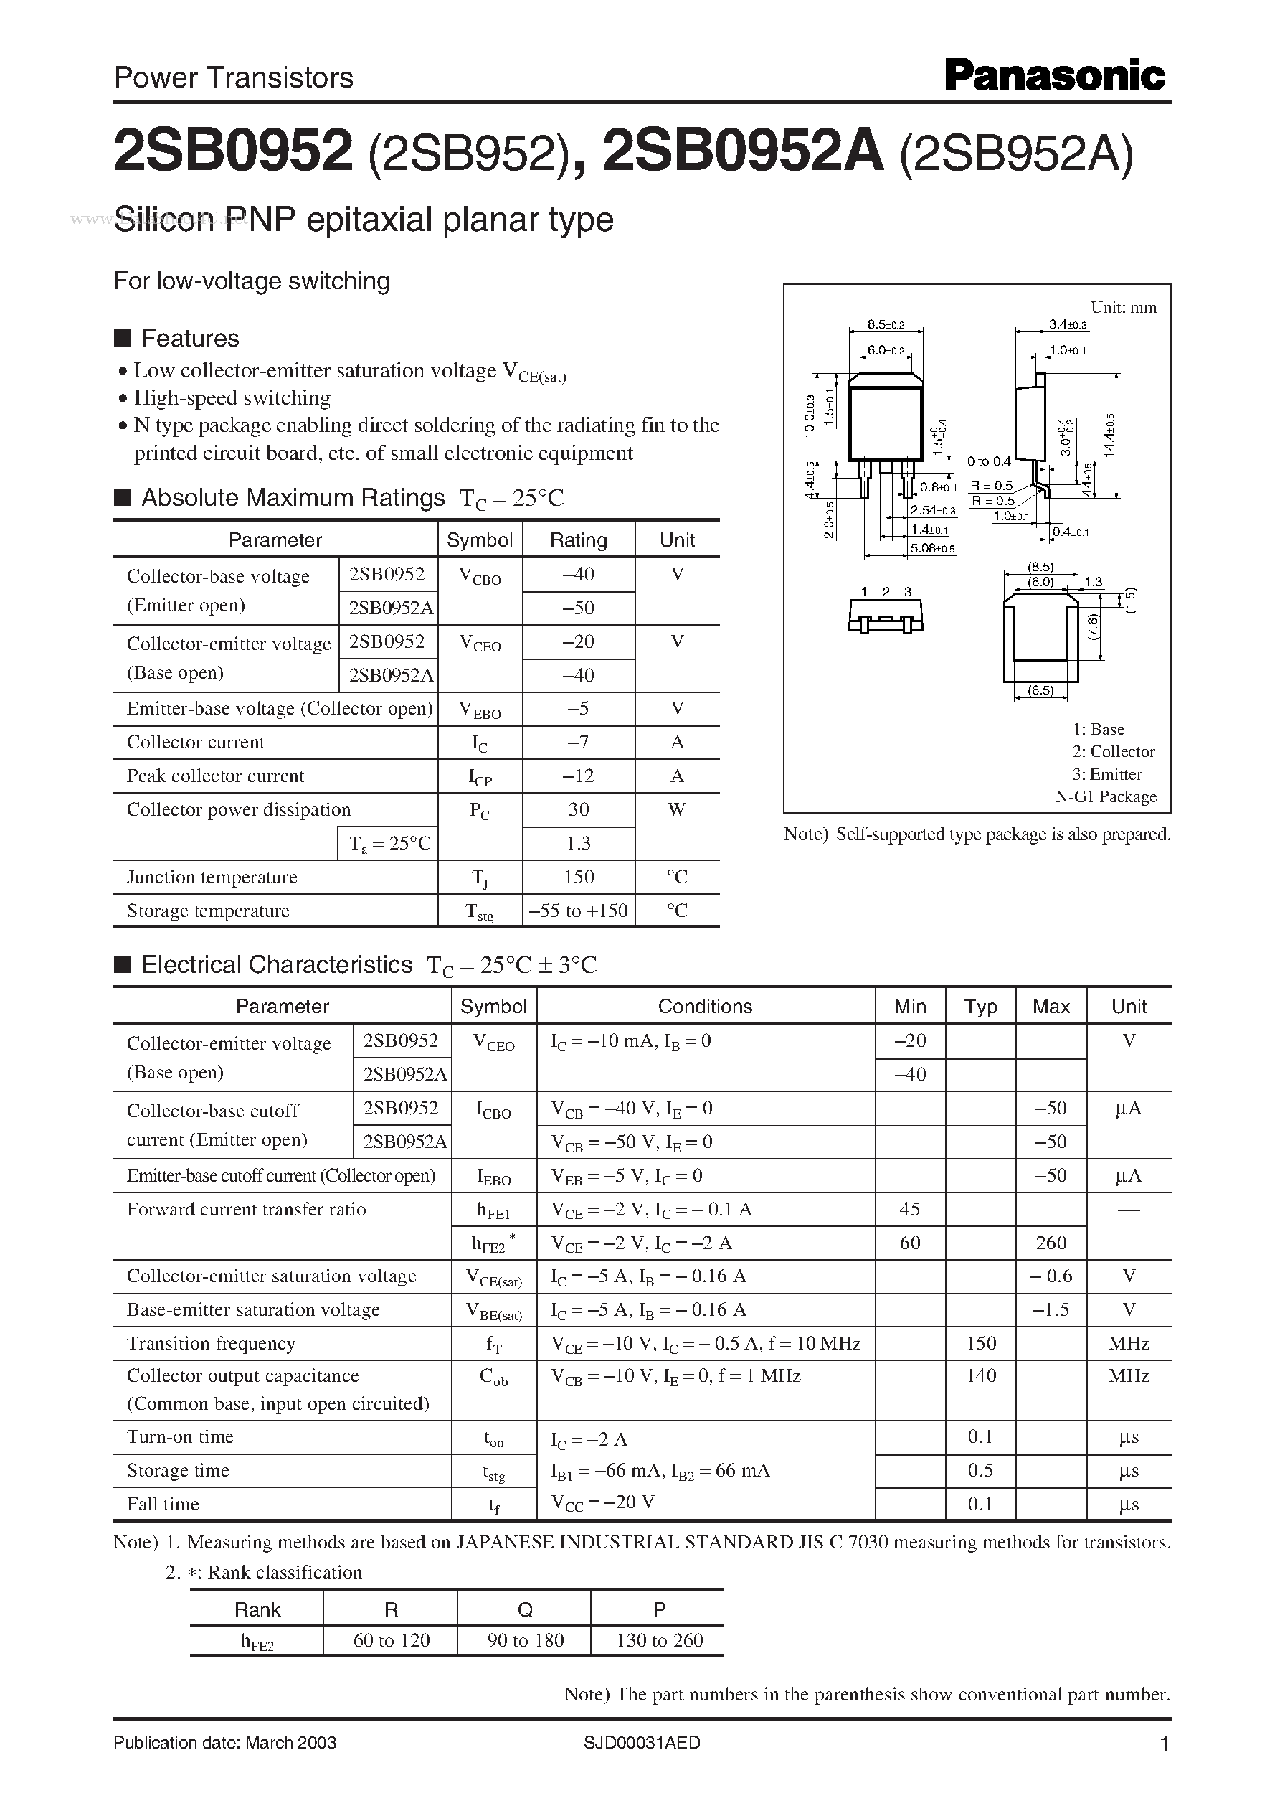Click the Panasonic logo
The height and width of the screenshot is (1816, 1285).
point(1054,77)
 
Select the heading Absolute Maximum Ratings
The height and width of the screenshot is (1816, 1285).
point(293,497)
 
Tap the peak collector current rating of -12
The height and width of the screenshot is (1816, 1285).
point(578,776)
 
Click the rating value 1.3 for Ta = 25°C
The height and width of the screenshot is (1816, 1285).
point(578,843)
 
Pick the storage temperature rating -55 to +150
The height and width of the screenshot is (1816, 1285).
point(578,911)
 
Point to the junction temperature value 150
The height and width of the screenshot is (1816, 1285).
point(578,877)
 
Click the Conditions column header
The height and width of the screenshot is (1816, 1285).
point(704,1006)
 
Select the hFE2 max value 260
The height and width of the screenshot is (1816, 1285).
point(1051,1243)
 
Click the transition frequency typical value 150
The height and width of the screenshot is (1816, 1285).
point(980,1343)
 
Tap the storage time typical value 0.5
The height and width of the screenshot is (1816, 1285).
point(980,1470)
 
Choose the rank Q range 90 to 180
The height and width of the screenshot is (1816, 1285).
point(525,1640)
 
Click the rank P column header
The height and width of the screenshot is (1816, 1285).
point(658,1609)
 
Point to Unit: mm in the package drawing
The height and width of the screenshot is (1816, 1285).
point(1123,307)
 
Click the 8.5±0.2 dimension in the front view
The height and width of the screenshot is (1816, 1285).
point(885,324)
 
